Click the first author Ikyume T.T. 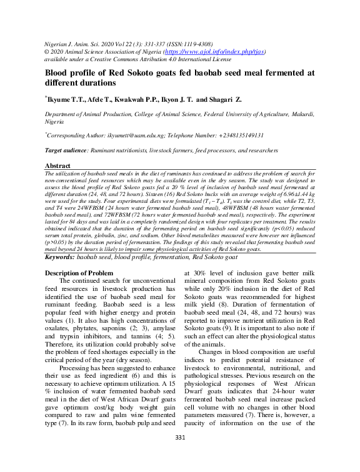point(68,99)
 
